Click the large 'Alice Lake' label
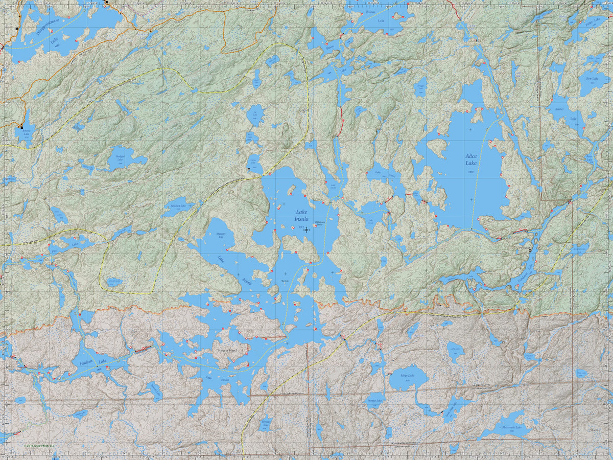pyautogui.click(x=470, y=159)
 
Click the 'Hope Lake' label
pyautogui.click(x=407, y=375)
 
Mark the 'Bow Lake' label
pyautogui.click(x=592, y=79)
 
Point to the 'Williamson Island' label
pyautogui.click(x=320, y=222)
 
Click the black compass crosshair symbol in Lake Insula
pyautogui.click(x=306, y=230)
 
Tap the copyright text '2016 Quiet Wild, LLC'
pyautogui.click(x=39, y=446)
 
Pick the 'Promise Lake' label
pyautogui.click(x=374, y=401)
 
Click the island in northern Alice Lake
pyautogui.click(x=438, y=147)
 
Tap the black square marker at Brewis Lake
pyautogui.click(x=21, y=126)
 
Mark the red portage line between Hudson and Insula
pyautogui.click(x=143, y=349)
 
